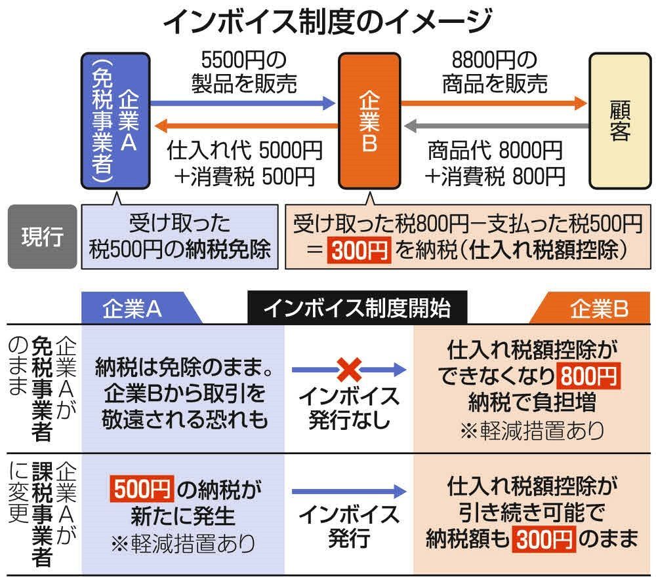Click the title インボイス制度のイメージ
coord(327,22)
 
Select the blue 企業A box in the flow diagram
coord(115,121)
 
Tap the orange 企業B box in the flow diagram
coord(369,121)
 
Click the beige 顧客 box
coord(620,121)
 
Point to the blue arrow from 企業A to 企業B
coord(243,103)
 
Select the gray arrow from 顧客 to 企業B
coord(497,125)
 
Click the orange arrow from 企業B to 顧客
coord(495,103)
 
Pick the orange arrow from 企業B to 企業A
coord(246,125)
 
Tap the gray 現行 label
coord(42,236)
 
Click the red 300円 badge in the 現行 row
coord(359,250)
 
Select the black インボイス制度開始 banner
coord(358,308)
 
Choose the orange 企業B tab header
coord(590,308)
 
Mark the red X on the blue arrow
coord(349,370)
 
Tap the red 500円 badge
coord(142,489)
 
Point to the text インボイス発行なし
coord(349,408)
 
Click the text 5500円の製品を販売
coord(244,72)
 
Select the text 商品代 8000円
coord(495,151)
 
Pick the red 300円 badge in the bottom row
coord(544,539)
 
